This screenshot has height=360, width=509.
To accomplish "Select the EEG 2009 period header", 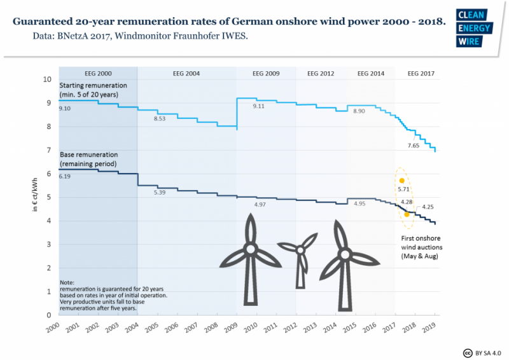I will click(x=262, y=74).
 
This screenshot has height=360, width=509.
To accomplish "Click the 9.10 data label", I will click(x=65, y=109).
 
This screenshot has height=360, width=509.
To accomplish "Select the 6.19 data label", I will click(x=65, y=177).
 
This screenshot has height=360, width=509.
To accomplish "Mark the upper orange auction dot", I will click(x=401, y=181).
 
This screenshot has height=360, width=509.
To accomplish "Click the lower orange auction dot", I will click(x=407, y=214).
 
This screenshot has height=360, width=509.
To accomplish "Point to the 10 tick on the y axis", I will click(x=46, y=80).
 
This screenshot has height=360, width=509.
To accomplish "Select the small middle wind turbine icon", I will click(x=300, y=254).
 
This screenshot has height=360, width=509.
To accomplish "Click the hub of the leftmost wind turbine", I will click(x=251, y=247).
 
